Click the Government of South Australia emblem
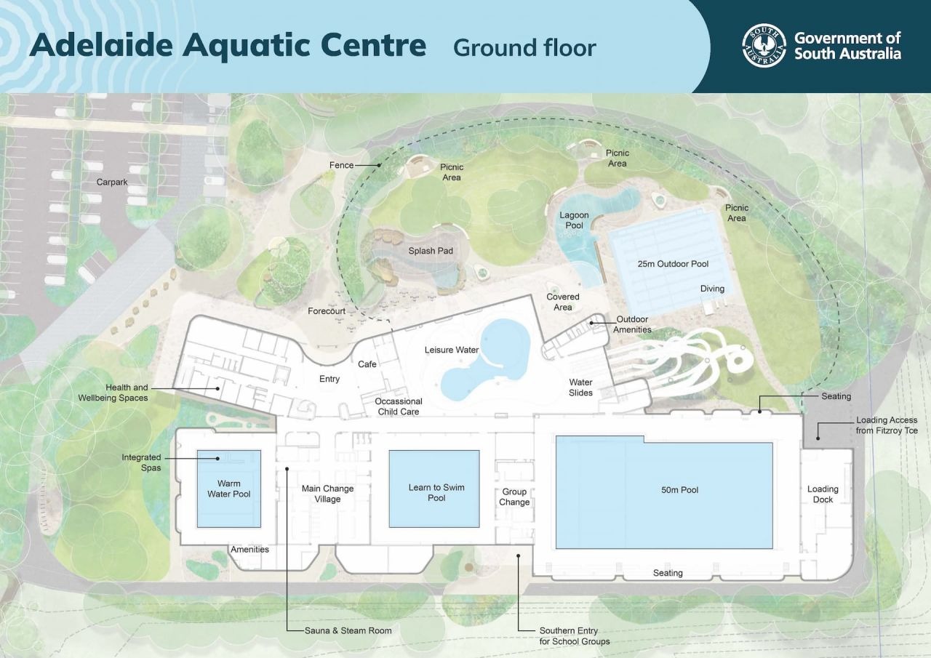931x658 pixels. [764, 46]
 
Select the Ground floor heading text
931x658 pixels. [524, 47]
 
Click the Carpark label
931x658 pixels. [112, 182]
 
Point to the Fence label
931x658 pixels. [341, 165]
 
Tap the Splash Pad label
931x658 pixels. [431, 251]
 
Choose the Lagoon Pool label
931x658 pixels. [574, 220]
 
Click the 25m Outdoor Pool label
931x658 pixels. [673, 264]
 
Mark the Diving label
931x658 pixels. [712, 289]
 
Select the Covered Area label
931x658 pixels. [563, 302]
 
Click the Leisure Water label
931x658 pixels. [452, 350]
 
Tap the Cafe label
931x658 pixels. [367, 364]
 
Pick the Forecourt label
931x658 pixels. [327, 310]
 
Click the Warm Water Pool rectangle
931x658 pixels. [229, 489]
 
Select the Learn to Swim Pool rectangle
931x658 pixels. [434, 489]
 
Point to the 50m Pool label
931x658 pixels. [679, 490]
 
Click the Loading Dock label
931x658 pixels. [823, 494]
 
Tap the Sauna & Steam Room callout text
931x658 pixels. [348, 630]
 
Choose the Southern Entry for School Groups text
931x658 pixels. [574, 636]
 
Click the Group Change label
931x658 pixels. [514, 497]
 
